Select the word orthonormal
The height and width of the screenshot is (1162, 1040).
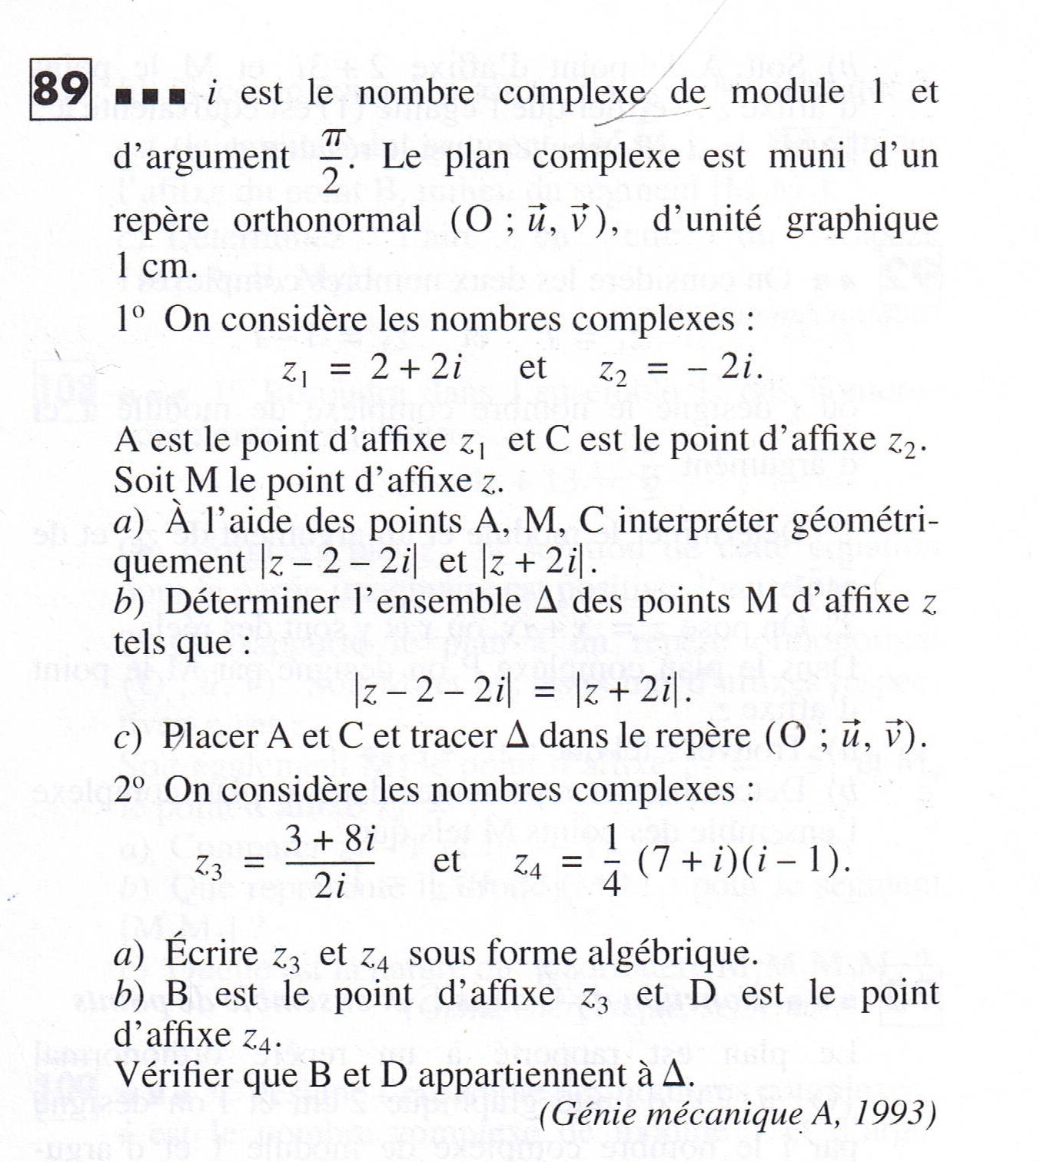(x=327, y=221)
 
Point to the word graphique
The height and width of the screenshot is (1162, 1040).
(x=862, y=221)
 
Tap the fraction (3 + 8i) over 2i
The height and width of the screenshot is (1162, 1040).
(x=331, y=861)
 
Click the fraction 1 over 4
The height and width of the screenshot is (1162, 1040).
(x=612, y=861)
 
